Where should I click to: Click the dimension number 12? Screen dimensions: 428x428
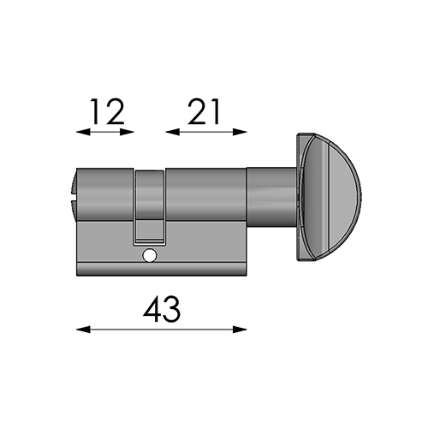108,112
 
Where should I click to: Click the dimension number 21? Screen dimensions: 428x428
204,112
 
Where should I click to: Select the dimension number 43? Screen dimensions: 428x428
162,309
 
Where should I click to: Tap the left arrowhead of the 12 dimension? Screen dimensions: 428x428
83,132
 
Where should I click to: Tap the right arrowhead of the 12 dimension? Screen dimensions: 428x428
127,132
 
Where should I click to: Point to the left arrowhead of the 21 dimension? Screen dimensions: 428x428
172,132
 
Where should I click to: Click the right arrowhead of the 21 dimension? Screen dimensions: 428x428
240,132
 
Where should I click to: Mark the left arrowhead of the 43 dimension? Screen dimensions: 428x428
83,330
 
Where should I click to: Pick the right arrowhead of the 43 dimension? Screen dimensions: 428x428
240,330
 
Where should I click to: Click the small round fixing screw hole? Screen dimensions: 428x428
150,255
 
